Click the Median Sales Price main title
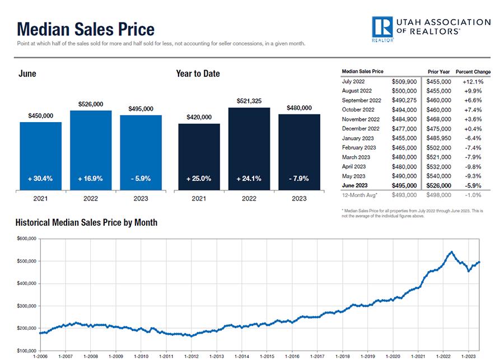tap(86, 29)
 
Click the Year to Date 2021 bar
tap(199, 157)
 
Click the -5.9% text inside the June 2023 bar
tap(141, 179)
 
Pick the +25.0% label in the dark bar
tap(199, 179)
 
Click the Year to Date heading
tap(198, 74)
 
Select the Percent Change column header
tap(473, 72)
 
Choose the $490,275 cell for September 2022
tap(403, 100)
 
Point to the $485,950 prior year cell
tap(439, 138)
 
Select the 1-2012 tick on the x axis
tap(192, 356)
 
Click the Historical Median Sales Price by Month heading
tap(87, 223)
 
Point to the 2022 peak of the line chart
tap(451, 252)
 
